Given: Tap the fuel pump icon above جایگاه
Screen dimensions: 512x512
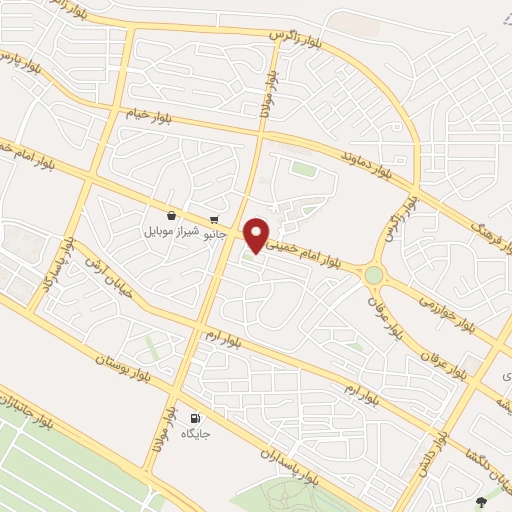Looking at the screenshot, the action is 194,418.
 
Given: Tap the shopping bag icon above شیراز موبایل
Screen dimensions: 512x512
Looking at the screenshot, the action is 172,214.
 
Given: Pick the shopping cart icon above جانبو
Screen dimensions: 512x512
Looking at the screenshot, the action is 214,220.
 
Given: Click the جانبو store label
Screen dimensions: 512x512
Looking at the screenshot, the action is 216,236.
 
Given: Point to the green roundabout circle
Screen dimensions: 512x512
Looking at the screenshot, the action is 374,274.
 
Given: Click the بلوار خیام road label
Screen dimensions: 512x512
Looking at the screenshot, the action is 151,117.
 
